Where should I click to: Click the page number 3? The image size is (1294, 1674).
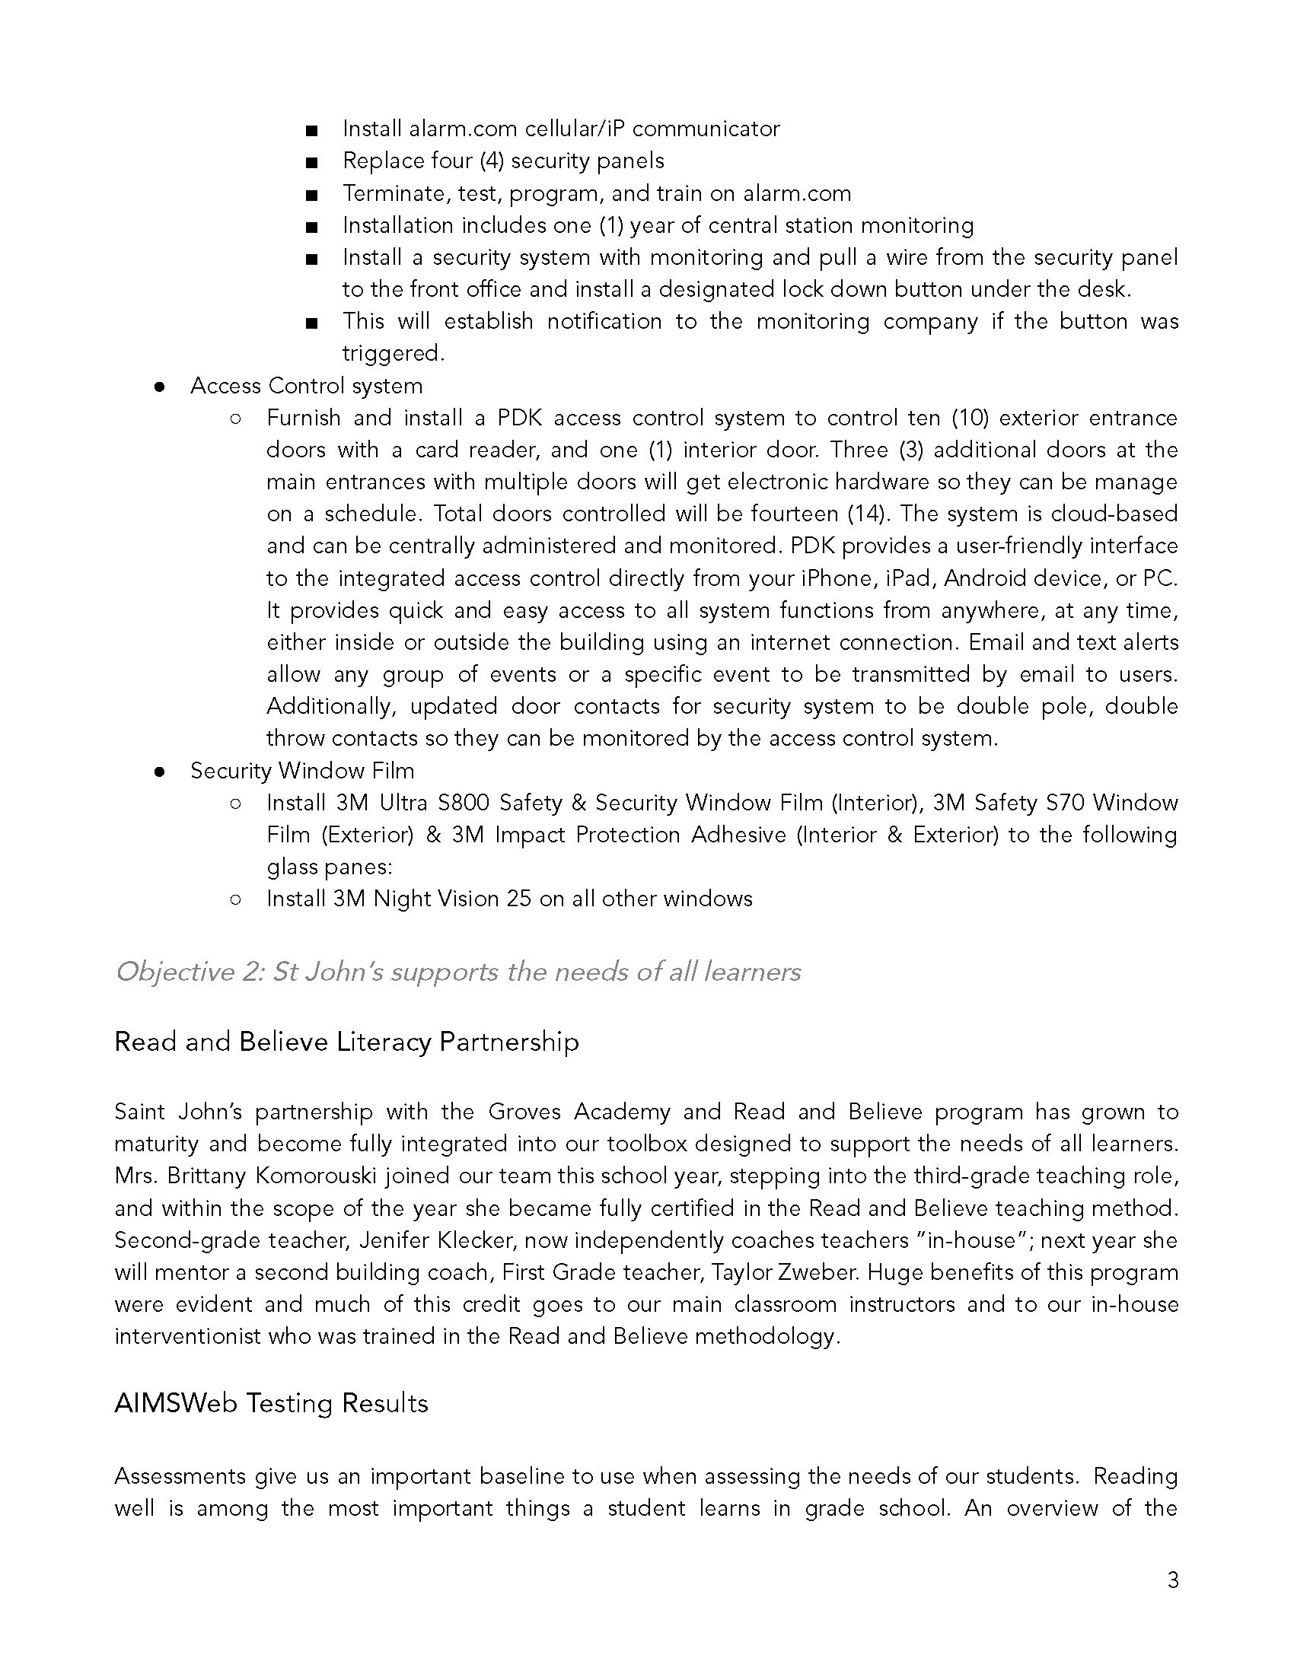pyautogui.click(x=1172, y=1580)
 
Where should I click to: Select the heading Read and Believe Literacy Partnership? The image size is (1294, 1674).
pyautogui.click(x=346, y=1042)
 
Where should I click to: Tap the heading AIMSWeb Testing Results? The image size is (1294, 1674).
pyautogui.click(x=271, y=1403)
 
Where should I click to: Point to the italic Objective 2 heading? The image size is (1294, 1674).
pyautogui.click(x=457, y=972)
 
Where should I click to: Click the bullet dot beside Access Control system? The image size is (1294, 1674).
pyautogui.click(x=159, y=387)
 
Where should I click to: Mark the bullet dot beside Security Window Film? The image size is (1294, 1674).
pyautogui.click(x=159, y=772)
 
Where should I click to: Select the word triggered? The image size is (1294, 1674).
pyautogui.click(x=393, y=353)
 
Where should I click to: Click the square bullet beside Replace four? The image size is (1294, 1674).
pyautogui.click(x=311, y=163)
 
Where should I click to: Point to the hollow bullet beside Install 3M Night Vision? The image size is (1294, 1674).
pyautogui.click(x=235, y=899)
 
